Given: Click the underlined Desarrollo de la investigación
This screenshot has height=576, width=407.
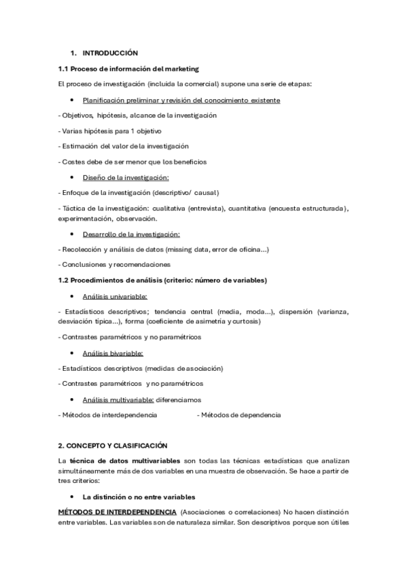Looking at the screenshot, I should tap(130, 234).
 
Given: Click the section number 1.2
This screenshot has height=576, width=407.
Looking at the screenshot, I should tap(65, 281).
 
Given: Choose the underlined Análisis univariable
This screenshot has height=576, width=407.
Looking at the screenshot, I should tap(115, 296).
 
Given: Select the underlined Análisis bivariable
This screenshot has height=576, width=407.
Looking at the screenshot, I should tap(113, 353).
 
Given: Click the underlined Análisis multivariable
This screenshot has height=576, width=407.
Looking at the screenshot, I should tap(118, 399).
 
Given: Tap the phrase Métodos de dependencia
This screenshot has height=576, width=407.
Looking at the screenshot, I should tap(238, 414).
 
